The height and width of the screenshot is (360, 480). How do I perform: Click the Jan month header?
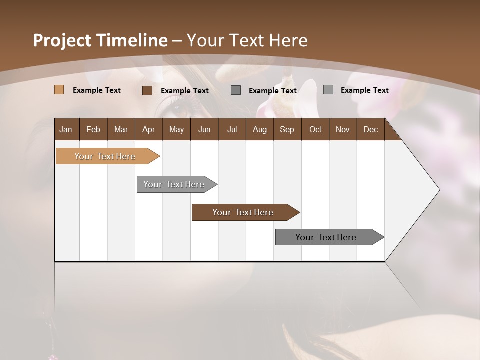coord(66,129)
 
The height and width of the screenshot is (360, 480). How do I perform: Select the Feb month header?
coord(93,129)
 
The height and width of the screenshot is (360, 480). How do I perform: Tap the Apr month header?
coord(148,129)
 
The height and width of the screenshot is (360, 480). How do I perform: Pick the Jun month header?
coord(204,129)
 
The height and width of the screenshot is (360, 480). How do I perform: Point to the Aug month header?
coord(259,129)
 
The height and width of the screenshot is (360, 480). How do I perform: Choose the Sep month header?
coord(287,129)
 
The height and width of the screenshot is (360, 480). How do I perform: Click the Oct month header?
coord(315,129)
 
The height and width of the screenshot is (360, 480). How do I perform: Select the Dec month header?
coord(370,129)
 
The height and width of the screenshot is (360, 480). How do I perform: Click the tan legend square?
coord(59,90)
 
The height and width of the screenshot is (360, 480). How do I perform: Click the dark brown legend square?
coord(147,90)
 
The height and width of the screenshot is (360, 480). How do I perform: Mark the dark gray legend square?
coord(236,90)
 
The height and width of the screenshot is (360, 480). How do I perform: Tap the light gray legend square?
coord(328,90)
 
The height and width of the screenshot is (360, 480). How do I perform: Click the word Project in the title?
coord(63,40)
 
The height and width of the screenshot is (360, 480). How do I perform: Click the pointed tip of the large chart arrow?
coord(439,190)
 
